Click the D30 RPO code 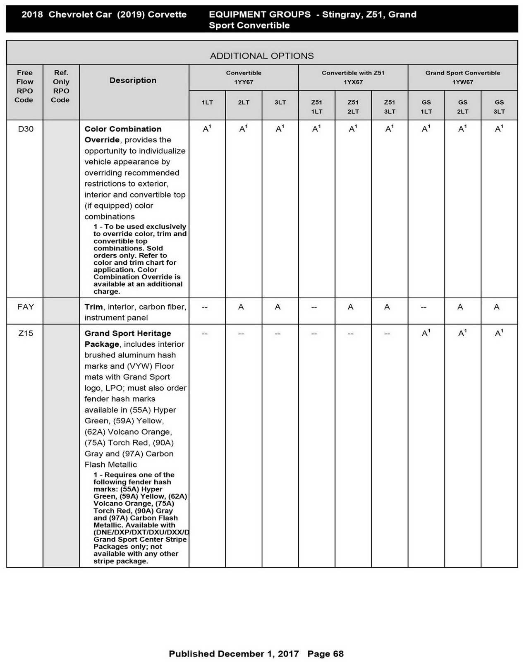coord(25,129)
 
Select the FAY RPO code coord(25,307)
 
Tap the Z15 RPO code coord(25,333)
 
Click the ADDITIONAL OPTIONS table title coord(262,56)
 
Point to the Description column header coord(133,80)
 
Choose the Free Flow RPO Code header coord(24,86)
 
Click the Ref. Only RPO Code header coord(61,86)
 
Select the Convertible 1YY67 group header coord(244,77)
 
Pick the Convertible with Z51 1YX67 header coord(353,77)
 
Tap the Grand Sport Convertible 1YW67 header coord(462,77)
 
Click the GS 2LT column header coord(462,107)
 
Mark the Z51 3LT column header coord(390,107)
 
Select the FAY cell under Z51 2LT coord(351,307)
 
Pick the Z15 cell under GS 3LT coord(499,333)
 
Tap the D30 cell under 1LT coord(207,129)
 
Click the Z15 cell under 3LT coord(278,333)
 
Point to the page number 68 coord(338,654)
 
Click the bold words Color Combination coord(123,129)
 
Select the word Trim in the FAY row coord(93,307)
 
